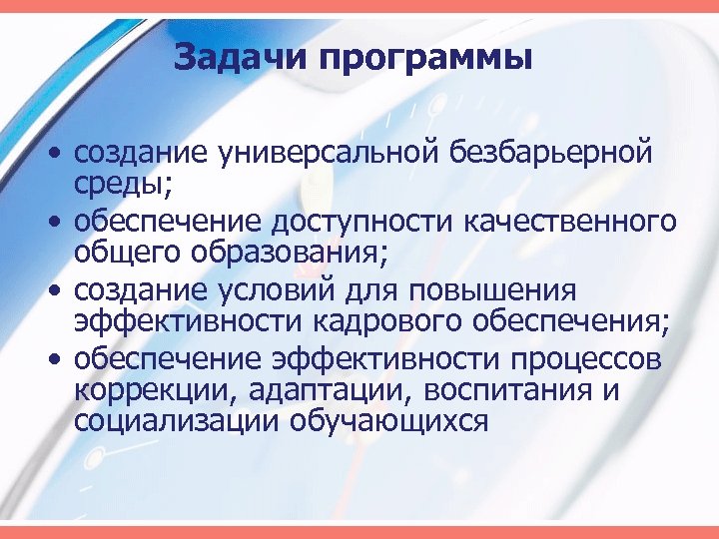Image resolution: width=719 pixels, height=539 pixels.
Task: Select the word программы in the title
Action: [426, 58]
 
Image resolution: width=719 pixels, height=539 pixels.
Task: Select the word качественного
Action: [573, 222]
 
